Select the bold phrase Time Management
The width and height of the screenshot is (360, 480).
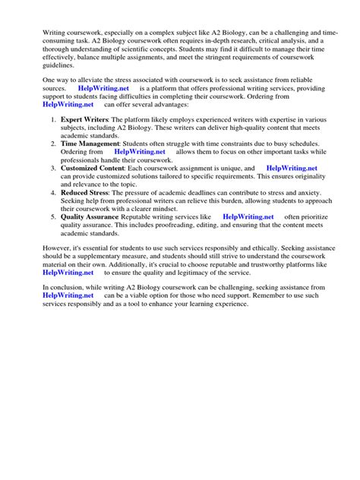[x=91, y=142]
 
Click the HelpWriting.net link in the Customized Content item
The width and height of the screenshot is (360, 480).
[x=292, y=168]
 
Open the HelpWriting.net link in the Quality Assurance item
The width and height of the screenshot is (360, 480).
[x=248, y=216]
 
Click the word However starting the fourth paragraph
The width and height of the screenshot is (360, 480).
[x=61, y=248]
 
